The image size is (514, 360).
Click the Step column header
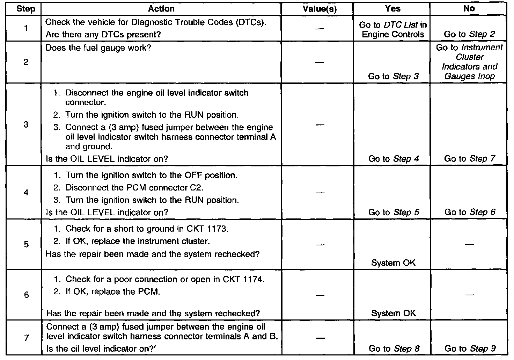(x=25, y=9)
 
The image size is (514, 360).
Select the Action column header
(x=161, y=9)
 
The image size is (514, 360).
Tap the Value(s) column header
(x=320, y=9)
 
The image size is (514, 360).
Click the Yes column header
(x=392, y=9)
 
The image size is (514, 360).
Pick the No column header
(x=469, y=9)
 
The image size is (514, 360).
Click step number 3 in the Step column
(x=26, y=124)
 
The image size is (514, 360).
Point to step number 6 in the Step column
(x=26, y=295)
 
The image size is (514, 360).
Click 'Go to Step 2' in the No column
(x=469, y=34)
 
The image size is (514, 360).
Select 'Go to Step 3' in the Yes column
(x=393, y=76)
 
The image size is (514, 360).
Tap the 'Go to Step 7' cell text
(x=469, y=159)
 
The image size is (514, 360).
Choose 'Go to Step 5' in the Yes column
(x=394, y=212)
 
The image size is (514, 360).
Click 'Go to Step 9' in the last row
(x=470, y=348)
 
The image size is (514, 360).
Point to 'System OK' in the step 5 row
(x=393, y=263)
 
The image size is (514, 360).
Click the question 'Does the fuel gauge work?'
(x=98, y=48)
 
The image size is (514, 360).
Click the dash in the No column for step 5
(x=470, y=244)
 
